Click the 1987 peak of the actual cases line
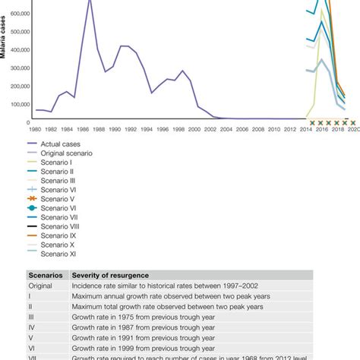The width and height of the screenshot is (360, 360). pos(90,2)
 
